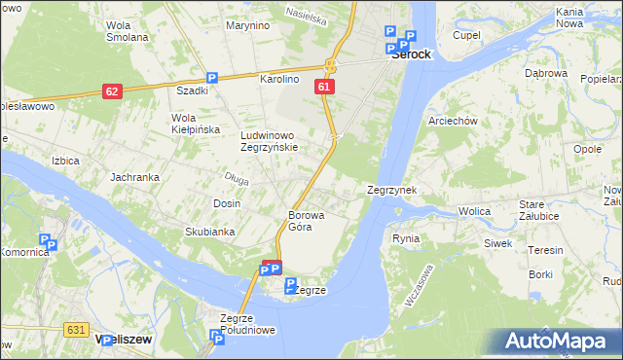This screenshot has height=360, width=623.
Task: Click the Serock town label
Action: click(411, 55)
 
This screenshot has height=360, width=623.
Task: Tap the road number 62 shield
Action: click(112, 91)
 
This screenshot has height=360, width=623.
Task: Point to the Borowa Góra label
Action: click(306, 221)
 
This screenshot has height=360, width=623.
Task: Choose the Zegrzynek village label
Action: click(391, 190)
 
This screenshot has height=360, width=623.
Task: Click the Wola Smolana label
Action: click(127, 31)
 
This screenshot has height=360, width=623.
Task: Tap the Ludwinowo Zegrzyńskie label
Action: click(275, 141)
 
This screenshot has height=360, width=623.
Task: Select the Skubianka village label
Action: click(210, 232)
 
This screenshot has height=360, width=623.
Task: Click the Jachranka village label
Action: click(134, 177)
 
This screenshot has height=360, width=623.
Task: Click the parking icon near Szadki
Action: click(211, 79)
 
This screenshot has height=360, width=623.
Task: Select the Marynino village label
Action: click(247, 25)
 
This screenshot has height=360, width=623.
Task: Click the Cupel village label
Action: click(467, 35)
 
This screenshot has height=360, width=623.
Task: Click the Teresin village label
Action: click(545, 250)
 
